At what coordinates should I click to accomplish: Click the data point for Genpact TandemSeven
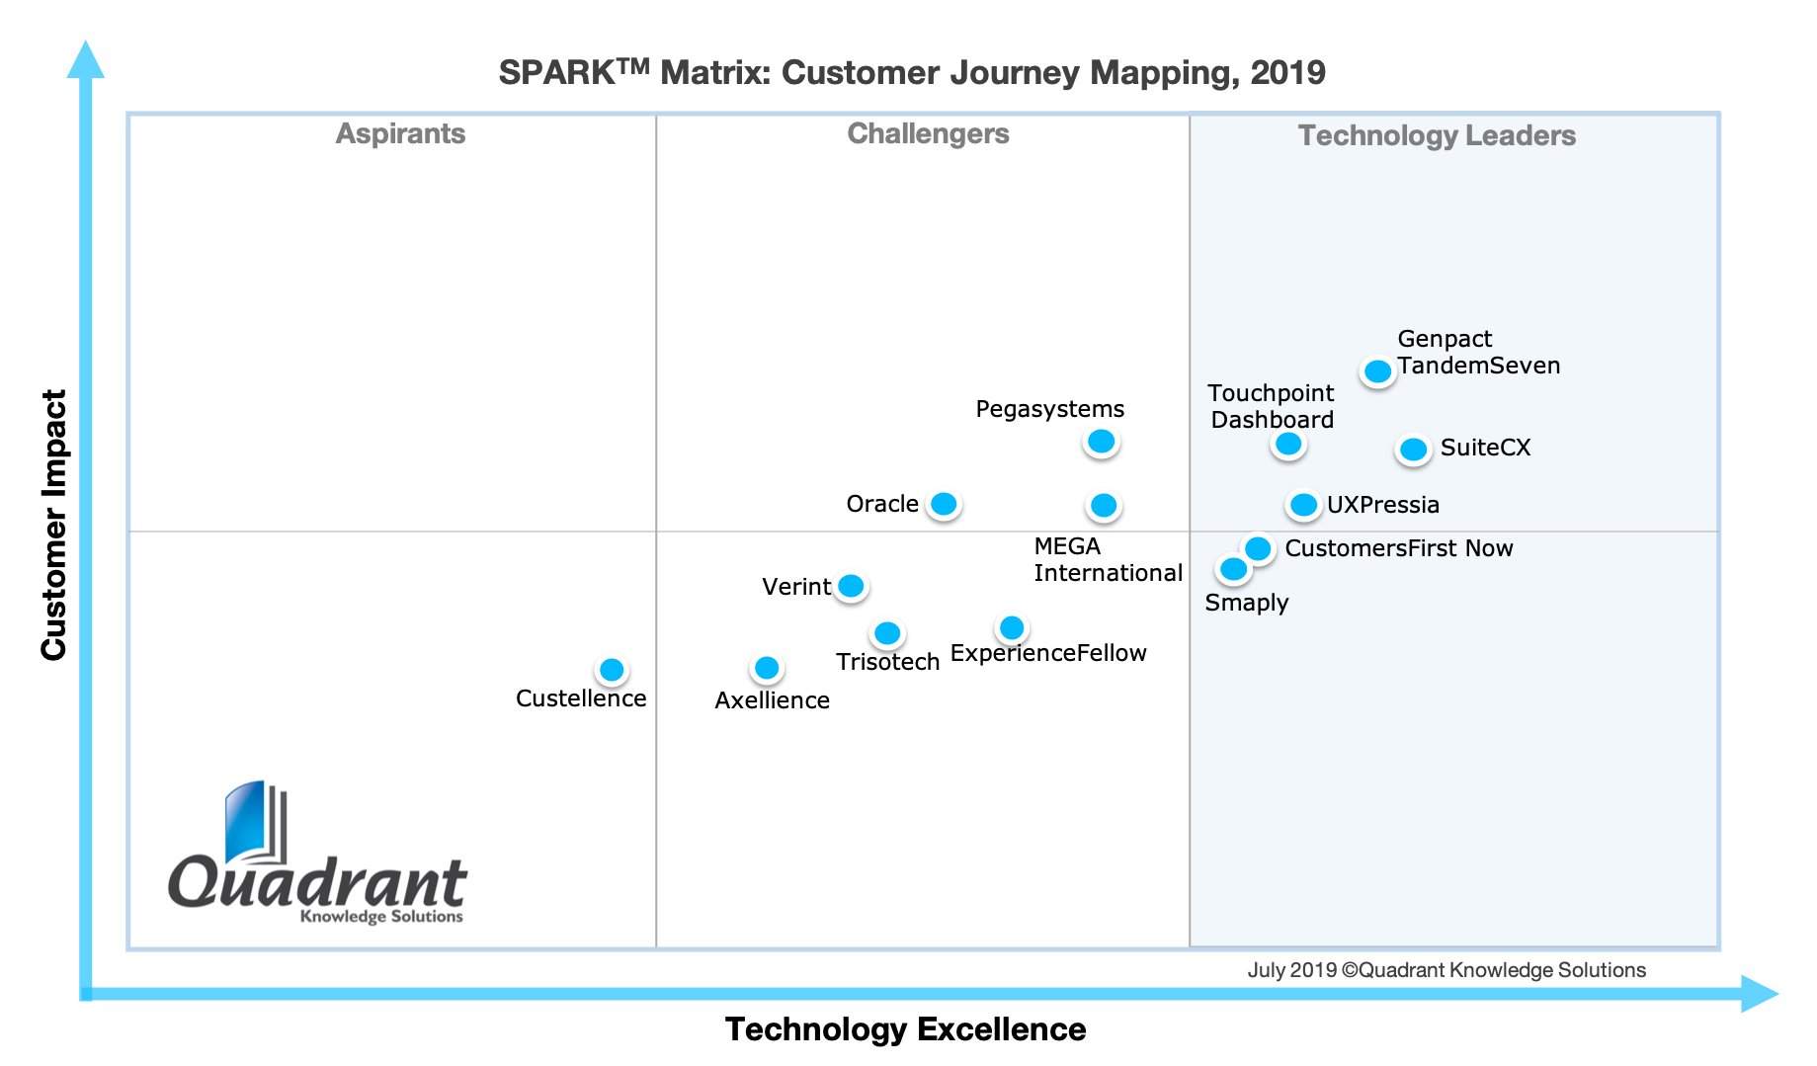(1377, 371)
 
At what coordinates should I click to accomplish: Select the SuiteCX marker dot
(1414, 450)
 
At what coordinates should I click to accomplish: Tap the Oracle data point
(945, 504)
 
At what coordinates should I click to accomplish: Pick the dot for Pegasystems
(1101, 441)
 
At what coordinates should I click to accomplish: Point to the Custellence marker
(613, 670)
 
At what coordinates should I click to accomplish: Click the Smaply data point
(1233, 569)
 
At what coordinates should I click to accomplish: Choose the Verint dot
(851, 586)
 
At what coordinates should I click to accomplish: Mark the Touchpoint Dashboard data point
(1288, 445)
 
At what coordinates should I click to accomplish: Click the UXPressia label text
(1382, 505)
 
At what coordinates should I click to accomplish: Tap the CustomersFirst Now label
(1398, 548)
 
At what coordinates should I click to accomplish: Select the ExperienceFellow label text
(1047, 653)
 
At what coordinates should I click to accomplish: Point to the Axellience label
(772, 700)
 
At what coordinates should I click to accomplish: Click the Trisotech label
(887, 662)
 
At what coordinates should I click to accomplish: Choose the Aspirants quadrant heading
(400, 133)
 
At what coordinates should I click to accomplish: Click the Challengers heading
(928, 133)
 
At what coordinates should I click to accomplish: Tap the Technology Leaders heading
(1437, 135)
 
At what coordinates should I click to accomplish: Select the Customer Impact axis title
(53, 525)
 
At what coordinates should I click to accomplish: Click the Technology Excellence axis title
(905, 1029)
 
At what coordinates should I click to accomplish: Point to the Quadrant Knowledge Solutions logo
(317, 856)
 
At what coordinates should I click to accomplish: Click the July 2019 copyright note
(1446, 970)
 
